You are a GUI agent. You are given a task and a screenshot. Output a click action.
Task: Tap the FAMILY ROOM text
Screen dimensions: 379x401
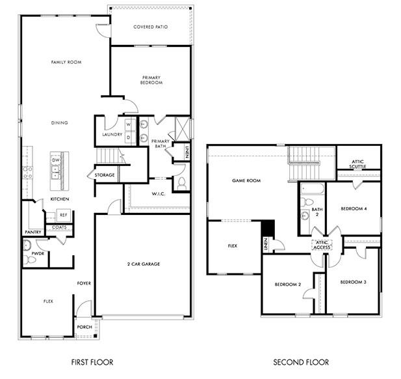point(66,62)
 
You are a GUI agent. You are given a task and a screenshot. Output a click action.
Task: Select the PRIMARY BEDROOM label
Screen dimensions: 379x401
point(151,80)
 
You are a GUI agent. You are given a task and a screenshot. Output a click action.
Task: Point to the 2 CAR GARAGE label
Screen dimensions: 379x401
point(143,264)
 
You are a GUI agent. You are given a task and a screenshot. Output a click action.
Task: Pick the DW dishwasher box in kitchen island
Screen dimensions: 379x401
point(56,160)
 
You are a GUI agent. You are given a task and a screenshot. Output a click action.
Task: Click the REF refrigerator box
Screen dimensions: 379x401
point(64,214)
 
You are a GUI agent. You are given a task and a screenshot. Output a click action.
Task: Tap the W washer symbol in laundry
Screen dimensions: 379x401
point(128,124)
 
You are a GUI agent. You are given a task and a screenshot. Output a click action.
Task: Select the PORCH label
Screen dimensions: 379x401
point(84,327)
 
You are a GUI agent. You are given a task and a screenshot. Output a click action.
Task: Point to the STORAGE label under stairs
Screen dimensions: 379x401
point(104,175)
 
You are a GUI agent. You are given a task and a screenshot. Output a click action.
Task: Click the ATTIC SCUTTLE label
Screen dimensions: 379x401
point(358,164)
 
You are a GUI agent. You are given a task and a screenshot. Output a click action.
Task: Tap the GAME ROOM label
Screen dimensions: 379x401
point(246,180)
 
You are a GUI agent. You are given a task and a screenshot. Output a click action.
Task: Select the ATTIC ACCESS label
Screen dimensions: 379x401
point(322,246)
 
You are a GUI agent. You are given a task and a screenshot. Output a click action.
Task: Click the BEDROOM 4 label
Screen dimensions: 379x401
point(354,208)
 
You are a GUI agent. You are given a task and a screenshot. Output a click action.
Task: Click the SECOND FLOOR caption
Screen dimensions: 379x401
point(300,362)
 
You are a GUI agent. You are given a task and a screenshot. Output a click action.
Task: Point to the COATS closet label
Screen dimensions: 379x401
point(58,227)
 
